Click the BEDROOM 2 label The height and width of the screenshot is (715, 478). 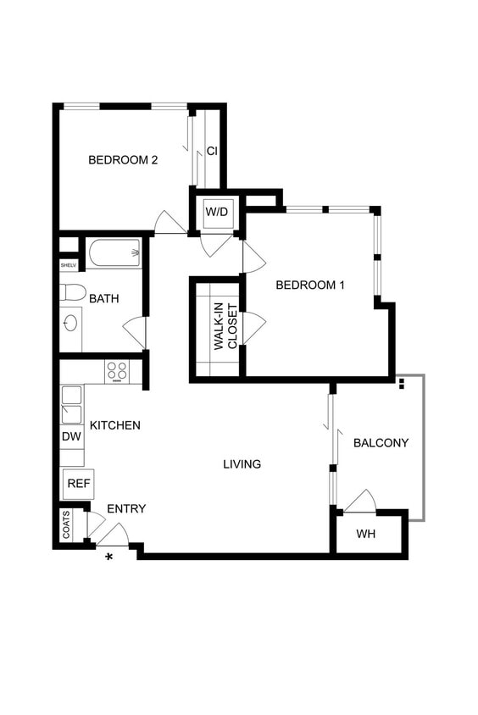(124, 159)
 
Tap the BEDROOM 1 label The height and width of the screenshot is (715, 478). (310, 285)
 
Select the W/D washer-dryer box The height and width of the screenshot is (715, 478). (216, 211)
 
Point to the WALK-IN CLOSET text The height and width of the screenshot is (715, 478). (225, 327)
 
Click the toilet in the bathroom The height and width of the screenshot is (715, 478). (73, 293)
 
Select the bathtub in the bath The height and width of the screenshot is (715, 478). (114, 252)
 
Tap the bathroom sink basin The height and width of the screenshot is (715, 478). (70, 323)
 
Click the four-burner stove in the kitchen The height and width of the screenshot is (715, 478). (116, 371)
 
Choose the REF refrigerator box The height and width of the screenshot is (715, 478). (79, 484)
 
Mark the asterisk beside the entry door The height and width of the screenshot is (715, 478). (108, 556)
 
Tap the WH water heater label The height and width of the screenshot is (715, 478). (365, 534)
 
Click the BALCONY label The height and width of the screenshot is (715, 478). (381, 443)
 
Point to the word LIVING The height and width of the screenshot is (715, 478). (242, 464)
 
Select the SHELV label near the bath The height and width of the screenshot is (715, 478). (68, 265)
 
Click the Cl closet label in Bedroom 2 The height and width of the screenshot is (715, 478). (212, 152)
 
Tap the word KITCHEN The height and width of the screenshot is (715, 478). (115, 425)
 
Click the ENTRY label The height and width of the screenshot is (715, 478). (126, 509)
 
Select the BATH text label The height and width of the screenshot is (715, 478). (104, 298)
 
